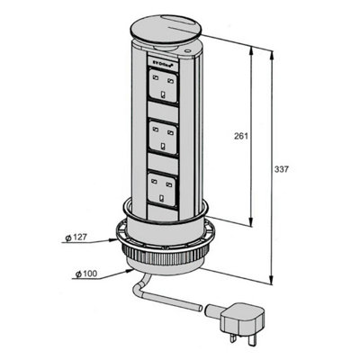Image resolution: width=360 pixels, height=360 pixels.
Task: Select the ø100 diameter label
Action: (87, 271)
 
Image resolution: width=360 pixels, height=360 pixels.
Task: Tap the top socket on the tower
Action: (166, 87)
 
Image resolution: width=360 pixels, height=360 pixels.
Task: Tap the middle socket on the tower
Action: (166, 138)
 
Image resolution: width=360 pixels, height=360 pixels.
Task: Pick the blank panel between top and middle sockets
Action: (166, 112)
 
